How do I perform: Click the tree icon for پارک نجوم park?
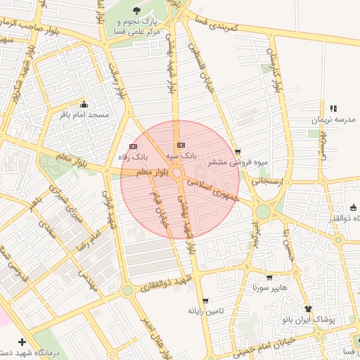click(136, 11)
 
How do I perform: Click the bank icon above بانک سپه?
click(181, 143)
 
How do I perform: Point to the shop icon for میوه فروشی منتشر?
click(238, 151)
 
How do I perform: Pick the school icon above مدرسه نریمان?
click(333, 108)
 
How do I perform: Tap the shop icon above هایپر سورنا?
click(269, 278)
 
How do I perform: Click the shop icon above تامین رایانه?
click(205, 300)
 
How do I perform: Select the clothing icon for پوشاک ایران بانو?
click(308, 309)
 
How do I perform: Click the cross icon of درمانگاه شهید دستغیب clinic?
click(22, 341)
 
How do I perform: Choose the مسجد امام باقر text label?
click(84, 114)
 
